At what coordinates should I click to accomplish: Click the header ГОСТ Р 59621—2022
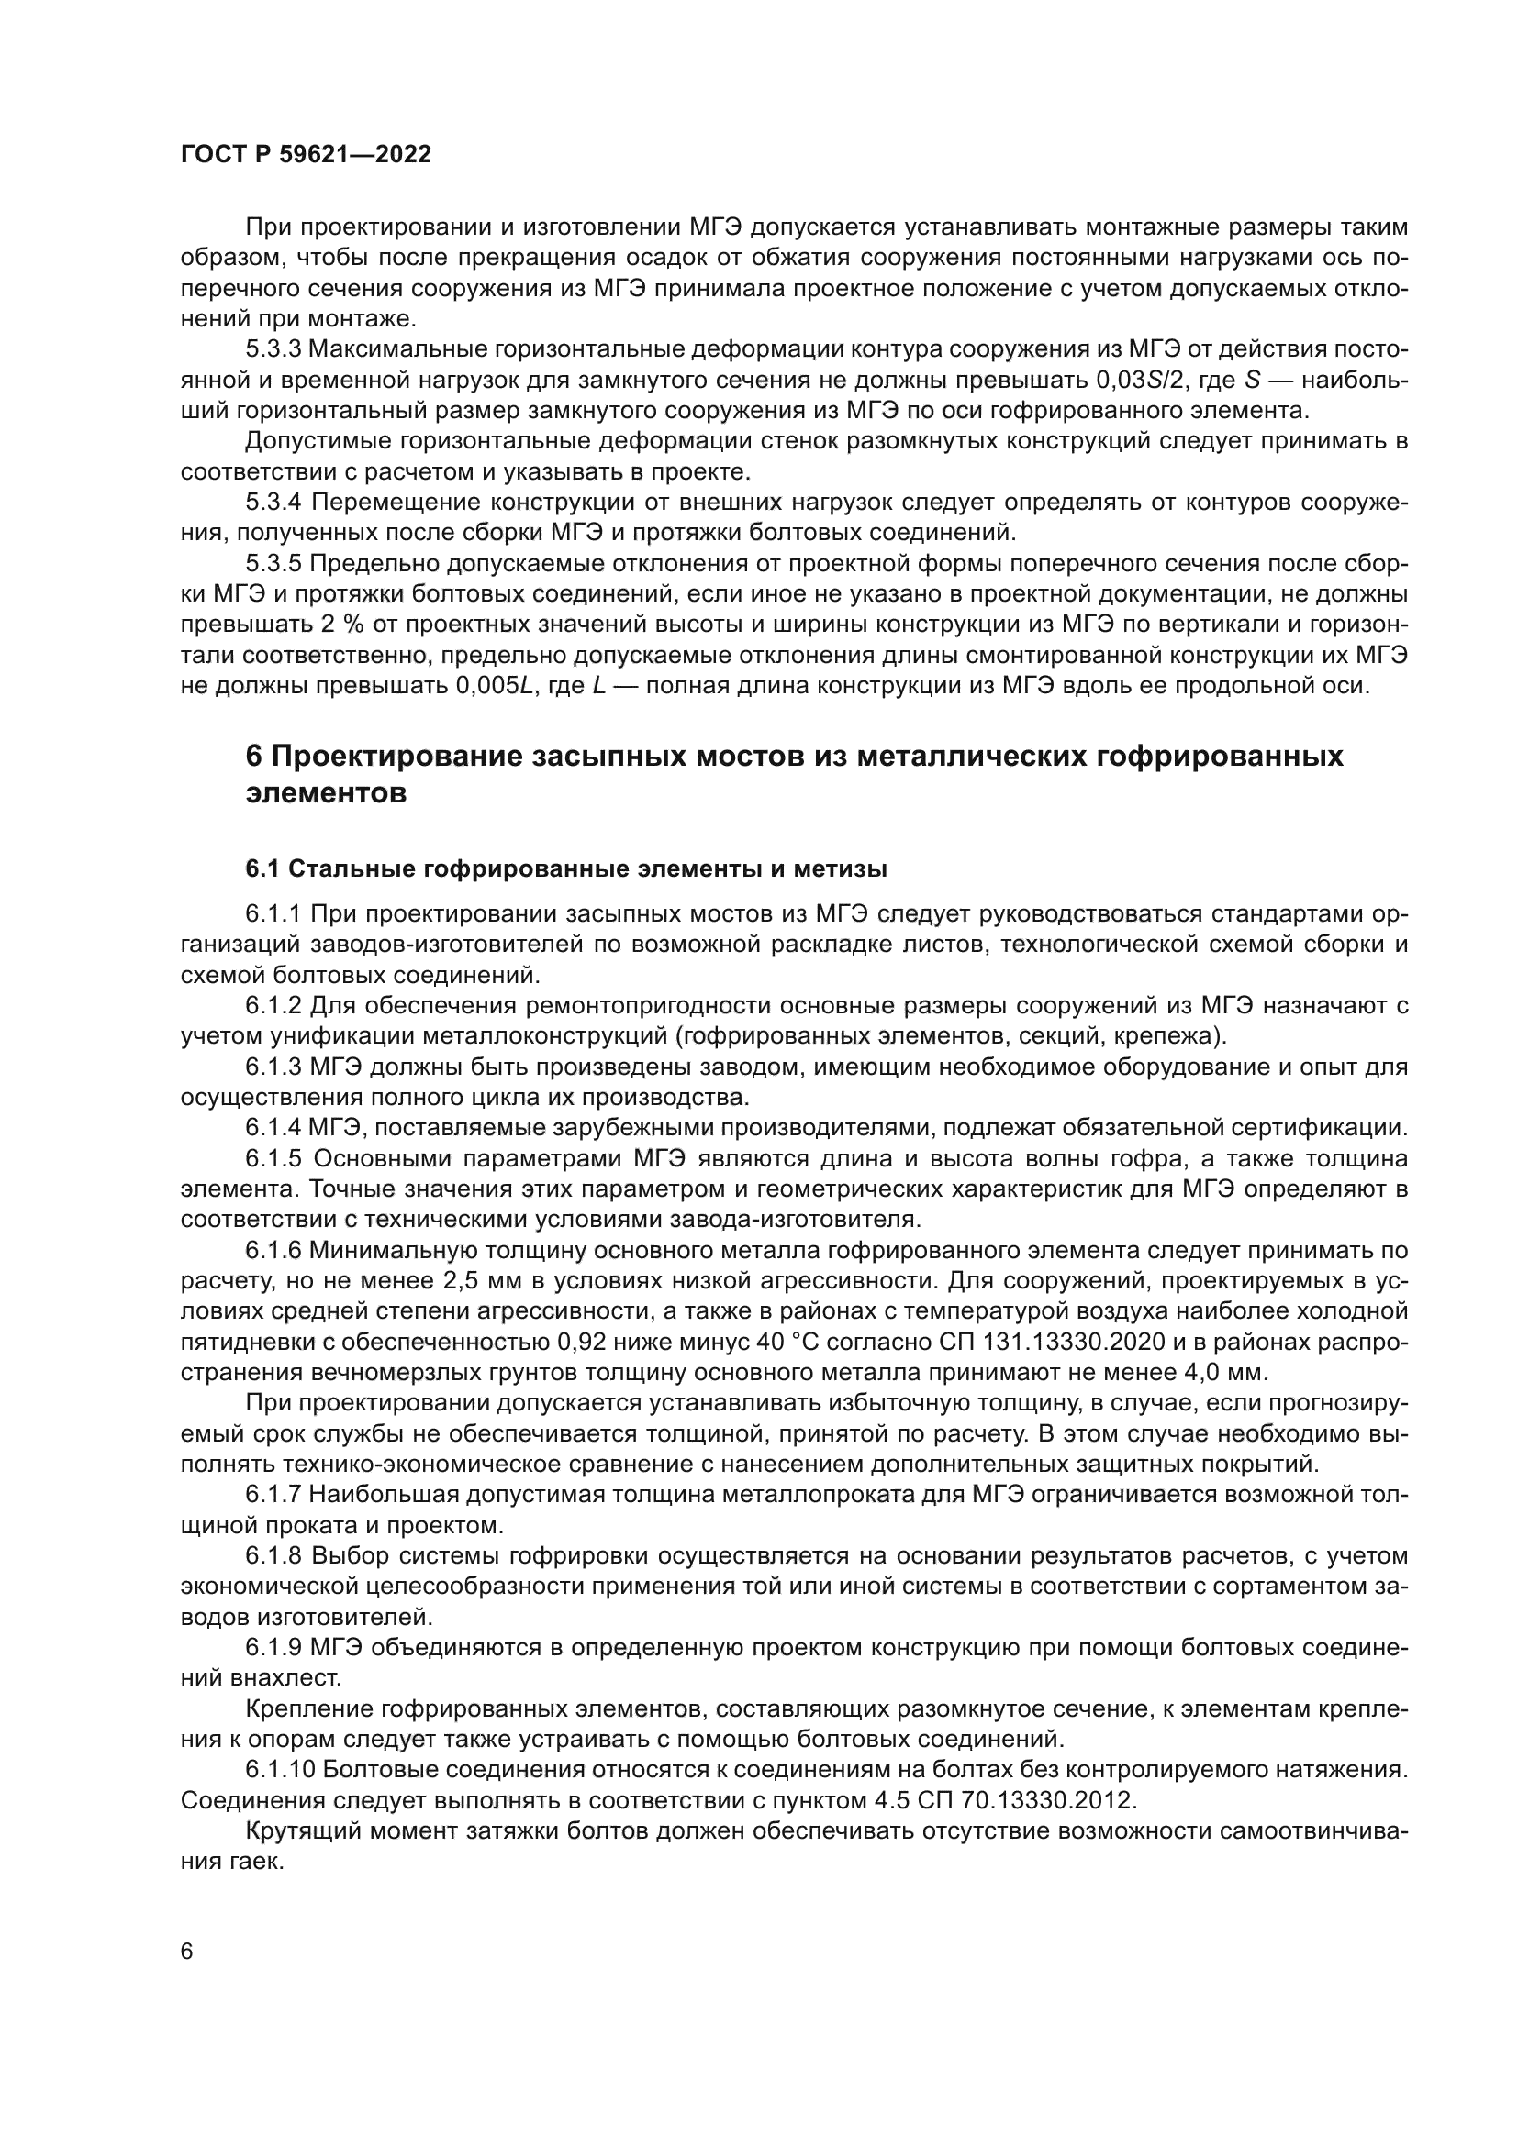(306, 155)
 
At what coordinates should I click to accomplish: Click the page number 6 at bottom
(187, 1952)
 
